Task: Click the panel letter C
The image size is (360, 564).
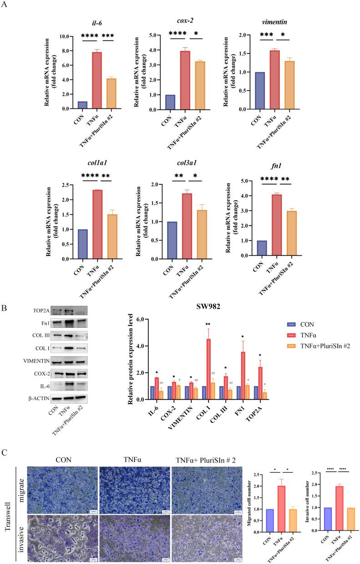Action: (x=4, y=441)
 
